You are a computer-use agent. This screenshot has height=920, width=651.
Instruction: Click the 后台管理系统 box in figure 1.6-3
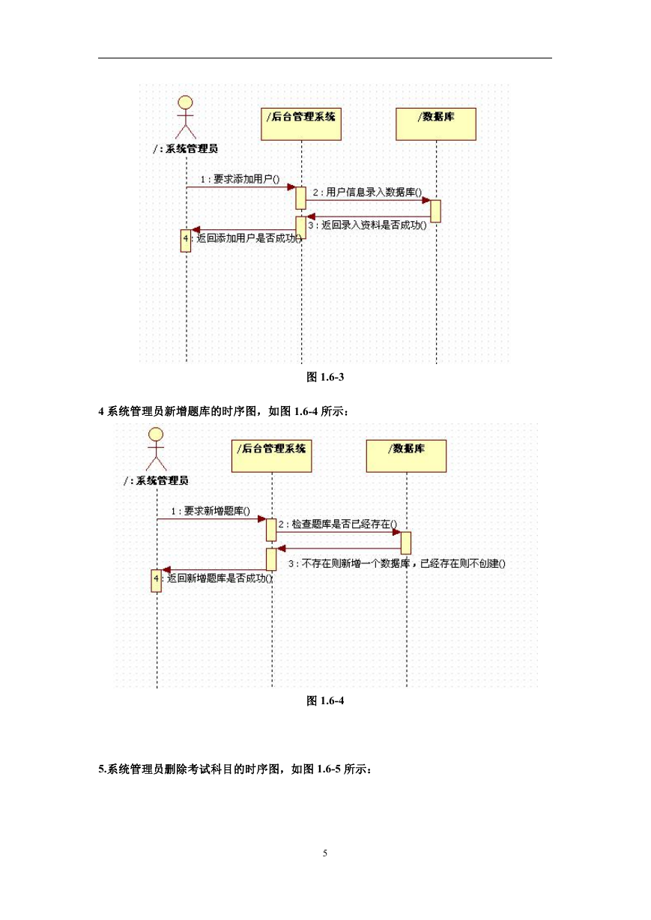pos(301,124)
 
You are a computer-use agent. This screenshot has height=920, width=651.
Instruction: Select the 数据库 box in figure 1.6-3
pos(436,124)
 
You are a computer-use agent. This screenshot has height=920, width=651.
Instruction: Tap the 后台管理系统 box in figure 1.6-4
pos(271,456)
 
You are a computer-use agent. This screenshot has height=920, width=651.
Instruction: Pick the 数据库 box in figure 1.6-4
pos(406,456)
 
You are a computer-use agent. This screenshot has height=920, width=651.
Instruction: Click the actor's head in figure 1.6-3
pos(186,103)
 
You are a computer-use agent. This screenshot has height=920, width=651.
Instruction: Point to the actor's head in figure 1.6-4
pos(156,434)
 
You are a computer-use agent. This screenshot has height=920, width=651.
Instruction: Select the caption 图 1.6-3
pos(325,377)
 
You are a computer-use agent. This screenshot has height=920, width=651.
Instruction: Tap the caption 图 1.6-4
pos(325,700)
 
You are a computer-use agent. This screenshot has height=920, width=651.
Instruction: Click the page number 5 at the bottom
pos(325,853)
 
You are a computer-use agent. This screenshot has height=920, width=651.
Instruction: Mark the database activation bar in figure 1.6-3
pos(436,211)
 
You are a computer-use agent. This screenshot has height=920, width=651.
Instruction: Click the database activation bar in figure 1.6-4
pos(406,543)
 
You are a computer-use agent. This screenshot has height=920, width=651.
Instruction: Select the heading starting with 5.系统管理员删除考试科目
pos(235,769)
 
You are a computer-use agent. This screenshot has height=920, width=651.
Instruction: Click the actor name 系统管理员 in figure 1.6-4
pos(162,480)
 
